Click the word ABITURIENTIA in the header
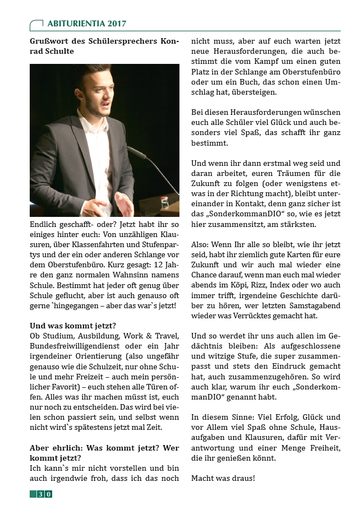click(x=73, y=24)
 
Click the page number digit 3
click(x=40, y=494)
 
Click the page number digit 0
click(x=49, y=494)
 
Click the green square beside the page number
click(x=33, y=494)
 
